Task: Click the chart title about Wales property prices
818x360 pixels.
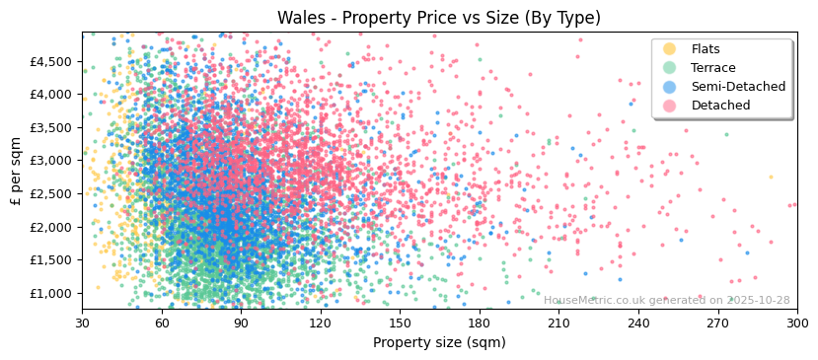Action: pyautogui.click(x=439, y=18)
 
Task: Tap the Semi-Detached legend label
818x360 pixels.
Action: pyautogui.click(x=738, y=87)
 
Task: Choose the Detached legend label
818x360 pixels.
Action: pyautogui.click(x=720, y=106)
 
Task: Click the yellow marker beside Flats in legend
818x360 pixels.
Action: pyautogui.click(x=670, y=49)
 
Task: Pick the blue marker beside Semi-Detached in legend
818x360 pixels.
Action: pyautogui.click(x=670, y=87)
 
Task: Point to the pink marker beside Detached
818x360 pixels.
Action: pyautogui.click(x=670, y=106)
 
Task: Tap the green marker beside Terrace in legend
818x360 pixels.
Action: pyautogui.click(x=670, y=68)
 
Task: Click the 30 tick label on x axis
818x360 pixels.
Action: pyautogui.click(x=82, y=323)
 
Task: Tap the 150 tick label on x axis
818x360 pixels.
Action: pyautogui.click(x=400, y=323)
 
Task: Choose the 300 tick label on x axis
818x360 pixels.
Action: pyautogui.click(x=796, y=323)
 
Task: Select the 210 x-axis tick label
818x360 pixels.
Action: pyautogui.click(x=558, y=323)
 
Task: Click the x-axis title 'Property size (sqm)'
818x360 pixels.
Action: pyautogui.click(x=439, y=342)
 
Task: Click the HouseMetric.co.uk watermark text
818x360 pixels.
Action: pyautogui.click(x=666, y=301)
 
